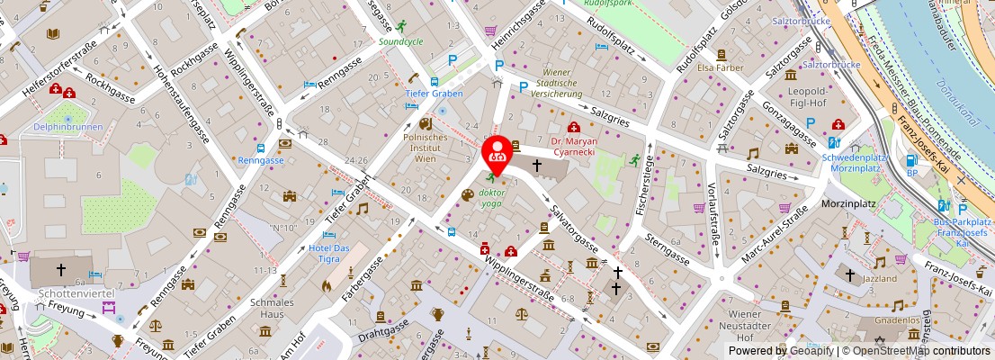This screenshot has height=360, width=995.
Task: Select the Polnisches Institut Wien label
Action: tap(426, 147)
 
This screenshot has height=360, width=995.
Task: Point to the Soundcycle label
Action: tap(401, 41)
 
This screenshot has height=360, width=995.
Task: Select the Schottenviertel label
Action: tap(74, 293)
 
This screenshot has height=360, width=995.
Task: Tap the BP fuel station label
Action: tap(911, 173)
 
